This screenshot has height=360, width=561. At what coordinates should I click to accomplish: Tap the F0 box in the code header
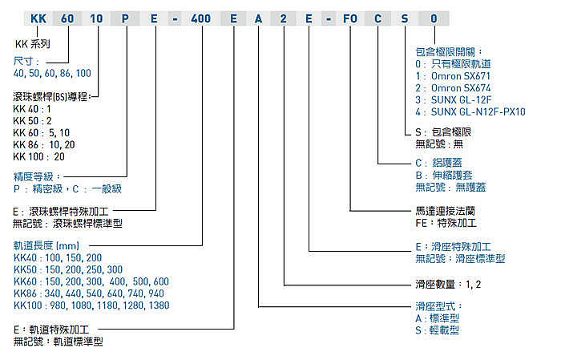pos(349,18)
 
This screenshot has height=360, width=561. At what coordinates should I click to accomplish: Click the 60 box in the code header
pos(68,18)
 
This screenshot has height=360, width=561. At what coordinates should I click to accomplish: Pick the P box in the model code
pos(126,18)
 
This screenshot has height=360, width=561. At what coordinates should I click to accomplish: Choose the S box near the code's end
pos(406,18)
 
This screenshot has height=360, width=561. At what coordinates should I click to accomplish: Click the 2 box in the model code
pos(285,18)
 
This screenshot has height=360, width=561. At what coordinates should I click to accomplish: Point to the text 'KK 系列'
pos(33,46)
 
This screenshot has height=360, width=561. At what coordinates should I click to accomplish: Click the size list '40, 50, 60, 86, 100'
pos(52,72)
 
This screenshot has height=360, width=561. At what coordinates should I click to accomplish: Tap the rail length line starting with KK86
pos(88,293)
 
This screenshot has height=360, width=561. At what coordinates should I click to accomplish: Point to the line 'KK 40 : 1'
pos(32,108)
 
